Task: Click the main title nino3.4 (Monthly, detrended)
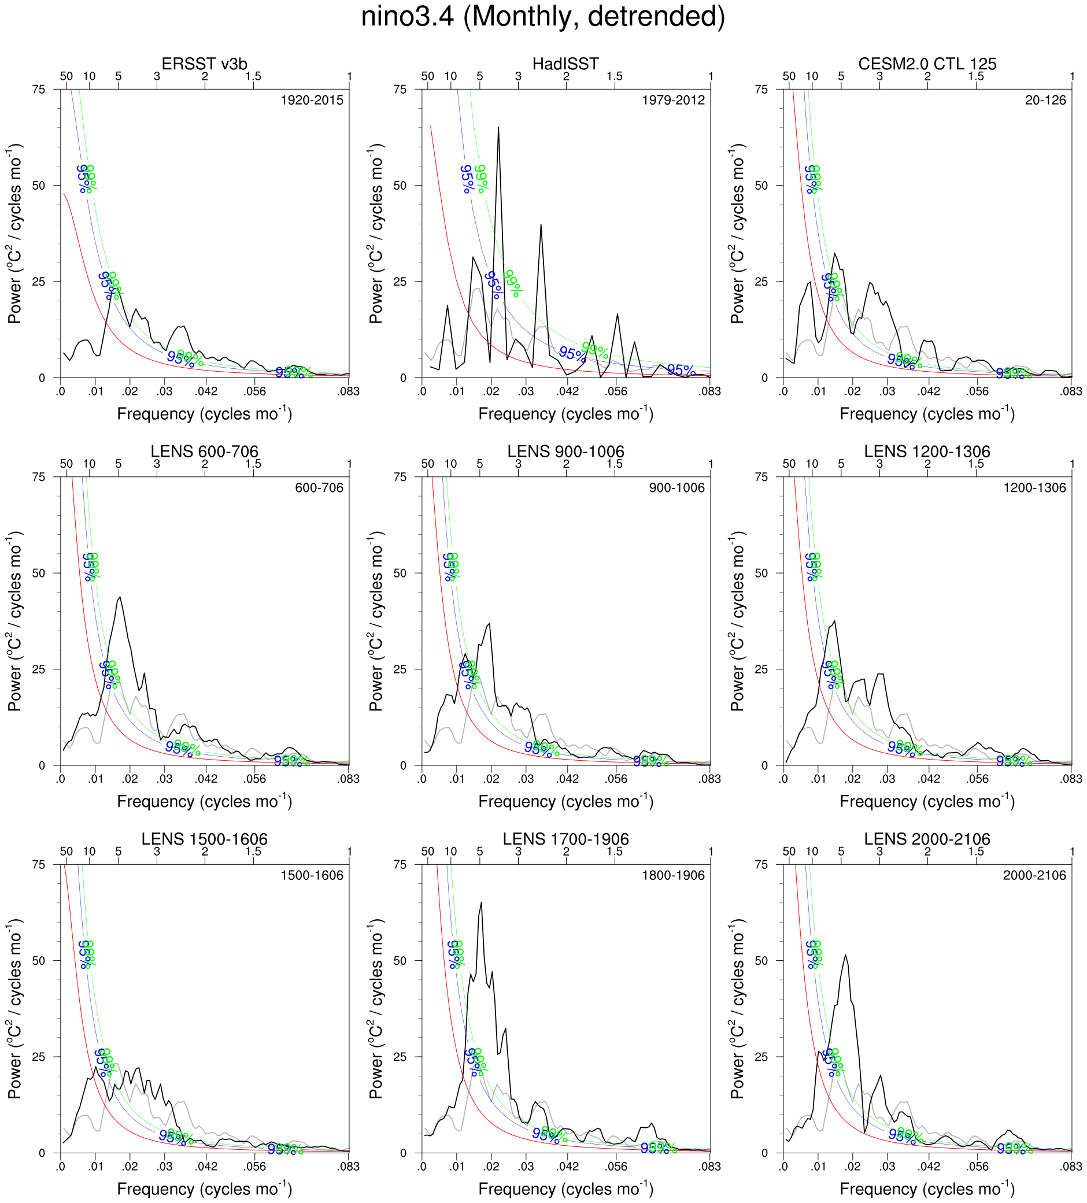tap(542, 17)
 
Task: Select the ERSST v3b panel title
tap(204, 64)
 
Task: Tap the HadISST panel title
tap(565, 64)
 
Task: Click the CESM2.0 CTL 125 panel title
tap(927, 64)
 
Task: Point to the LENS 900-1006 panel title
tap(565, 451)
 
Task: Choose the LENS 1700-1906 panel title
tap(565, 839)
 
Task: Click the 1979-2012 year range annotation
tap(674, 100)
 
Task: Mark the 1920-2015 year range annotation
tap(312, 100)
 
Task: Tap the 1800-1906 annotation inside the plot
tap(674, 875)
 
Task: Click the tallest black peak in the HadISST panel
tap(498, 128)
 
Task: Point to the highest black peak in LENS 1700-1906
tap(480, 903)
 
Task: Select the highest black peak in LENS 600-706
tap(121, 597)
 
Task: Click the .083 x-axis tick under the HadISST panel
tap(710, 391)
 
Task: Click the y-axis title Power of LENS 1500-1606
tap(15, 1008)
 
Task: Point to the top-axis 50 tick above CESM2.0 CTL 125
tap(789, 76)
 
